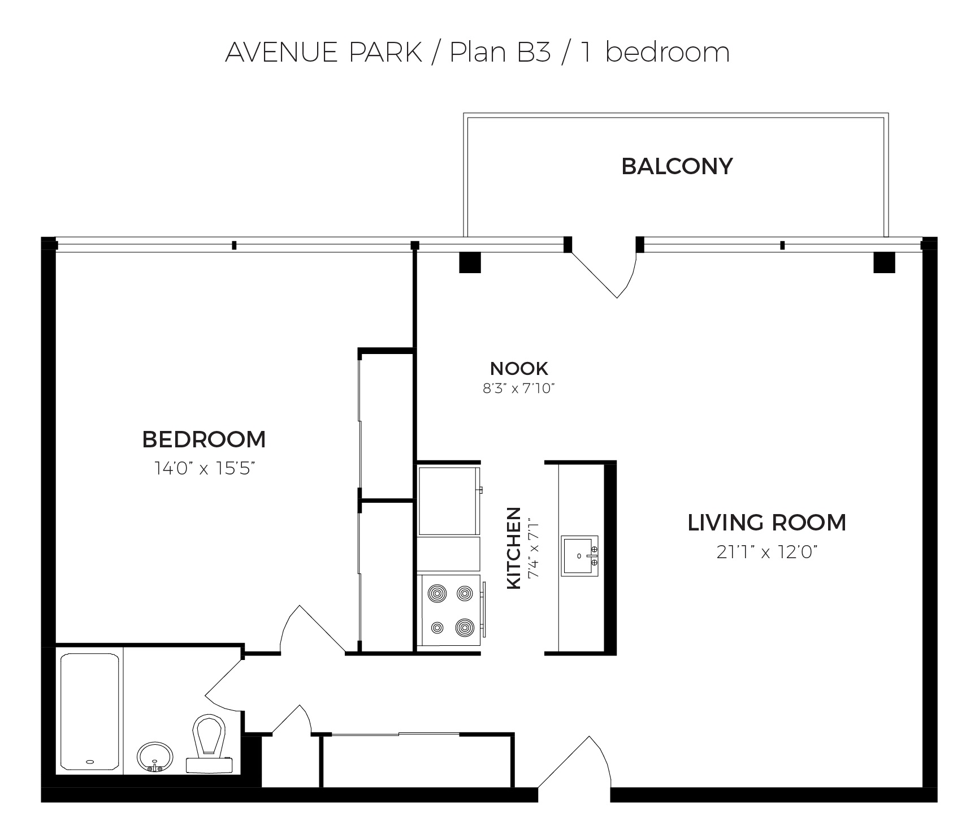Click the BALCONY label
[677, 166]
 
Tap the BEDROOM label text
[203, 439]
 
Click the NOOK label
[519, 368]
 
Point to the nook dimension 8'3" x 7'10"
[519, 389]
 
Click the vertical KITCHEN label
[514, 548]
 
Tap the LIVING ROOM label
[767, 523]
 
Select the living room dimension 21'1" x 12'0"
[767, 552]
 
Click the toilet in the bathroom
[209, 743]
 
